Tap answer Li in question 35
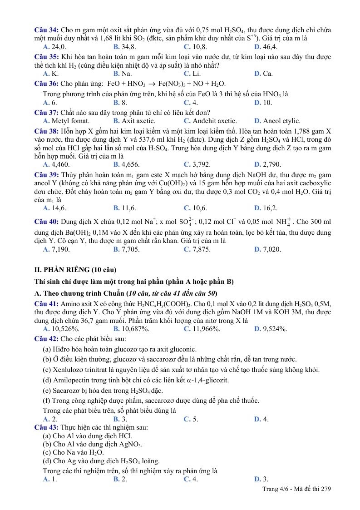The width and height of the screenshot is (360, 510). (x=192, y=74)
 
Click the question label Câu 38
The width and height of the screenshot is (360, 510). (x=46, y=131)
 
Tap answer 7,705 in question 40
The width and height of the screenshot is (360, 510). (x=127, y=249)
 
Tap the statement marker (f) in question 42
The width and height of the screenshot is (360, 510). (x=46, y=401)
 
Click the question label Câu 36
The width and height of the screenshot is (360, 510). (x=46, y=84)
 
